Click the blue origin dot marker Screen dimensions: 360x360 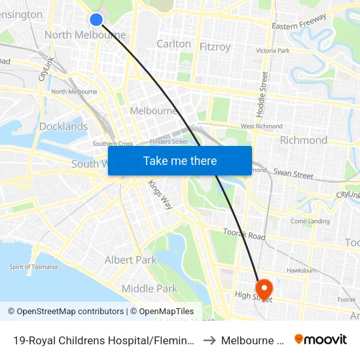click(96, 20)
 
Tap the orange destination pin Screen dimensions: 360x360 click(264, 288)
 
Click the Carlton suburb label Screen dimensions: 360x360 click(173, 44)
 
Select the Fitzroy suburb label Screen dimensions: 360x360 click(214, 47)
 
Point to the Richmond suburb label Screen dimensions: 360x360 click(303, 140)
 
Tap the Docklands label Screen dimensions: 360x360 click(63, 126)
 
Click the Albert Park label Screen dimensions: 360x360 click(131, 260)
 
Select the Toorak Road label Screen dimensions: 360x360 click(243, 235)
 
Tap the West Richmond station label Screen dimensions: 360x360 click(261, 126)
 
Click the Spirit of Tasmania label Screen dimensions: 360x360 click(33, 267)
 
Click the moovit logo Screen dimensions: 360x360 click(321, 340)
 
